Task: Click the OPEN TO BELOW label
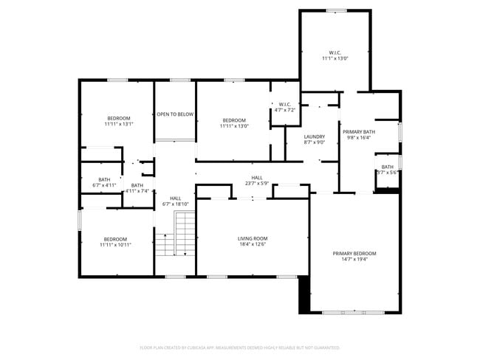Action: pos(175,114)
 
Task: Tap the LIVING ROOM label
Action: pos(252,238)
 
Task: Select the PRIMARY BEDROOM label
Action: pos(354,253)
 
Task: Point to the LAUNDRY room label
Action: pos(315,136)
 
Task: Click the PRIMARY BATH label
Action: pos(359,132)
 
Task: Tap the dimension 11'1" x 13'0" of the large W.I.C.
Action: pos(335,58)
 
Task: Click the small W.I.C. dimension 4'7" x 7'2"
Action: pos(284,110)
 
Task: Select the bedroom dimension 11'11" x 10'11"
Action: pos(115,245)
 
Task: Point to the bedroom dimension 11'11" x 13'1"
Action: pos(119,125)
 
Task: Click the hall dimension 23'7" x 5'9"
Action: pos(257,184)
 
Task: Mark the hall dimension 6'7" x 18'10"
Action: pos(176,204)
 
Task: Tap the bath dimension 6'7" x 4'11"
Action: pos(104,185)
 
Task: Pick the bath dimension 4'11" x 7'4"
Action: pos(137,191)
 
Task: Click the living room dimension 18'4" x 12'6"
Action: pos(252,244)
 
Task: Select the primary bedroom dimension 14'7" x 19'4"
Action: pos(354,260)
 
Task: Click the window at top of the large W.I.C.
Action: pos(335,10)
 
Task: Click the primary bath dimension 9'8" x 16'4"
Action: pos(359,138)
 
